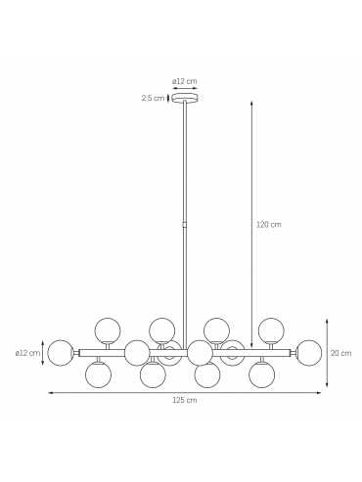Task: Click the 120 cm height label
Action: point(268,225)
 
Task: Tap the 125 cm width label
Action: point(185,400)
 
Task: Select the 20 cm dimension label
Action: point(340,353)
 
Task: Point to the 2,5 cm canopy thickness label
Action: point(153,98)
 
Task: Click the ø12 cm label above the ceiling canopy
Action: point(185,81)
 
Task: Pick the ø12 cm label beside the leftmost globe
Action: point(27,353)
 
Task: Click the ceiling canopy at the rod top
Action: point(185,98)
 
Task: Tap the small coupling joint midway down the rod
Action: point(185,225)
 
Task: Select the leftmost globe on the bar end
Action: point(61,353)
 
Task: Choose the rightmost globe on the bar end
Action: point(309,353)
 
